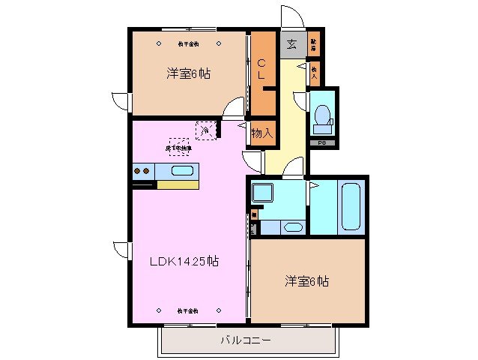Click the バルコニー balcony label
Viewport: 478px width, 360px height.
245,340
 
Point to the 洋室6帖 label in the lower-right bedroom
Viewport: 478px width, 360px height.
306,281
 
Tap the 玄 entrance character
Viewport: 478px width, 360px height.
291,44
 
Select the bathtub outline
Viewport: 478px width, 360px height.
351,206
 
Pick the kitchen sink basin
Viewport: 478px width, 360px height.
183,170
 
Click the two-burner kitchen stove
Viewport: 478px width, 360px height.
142,171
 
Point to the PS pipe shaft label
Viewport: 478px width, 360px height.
322,142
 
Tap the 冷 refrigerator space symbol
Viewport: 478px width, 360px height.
204,131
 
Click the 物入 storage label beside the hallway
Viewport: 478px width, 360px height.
261,133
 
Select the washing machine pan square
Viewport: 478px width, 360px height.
263,193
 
